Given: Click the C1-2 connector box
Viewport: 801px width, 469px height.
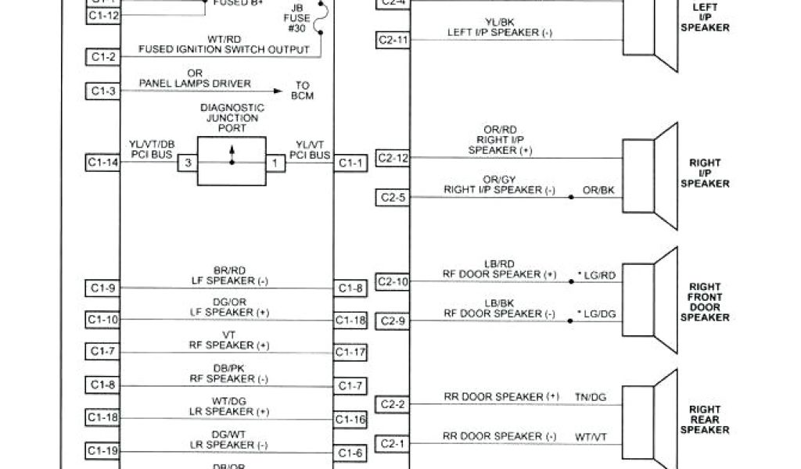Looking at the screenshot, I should coord(102,57).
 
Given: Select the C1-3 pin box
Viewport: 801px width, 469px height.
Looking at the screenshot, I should coord(102,91).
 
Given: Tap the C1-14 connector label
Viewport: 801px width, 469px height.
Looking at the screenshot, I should coord(102,163).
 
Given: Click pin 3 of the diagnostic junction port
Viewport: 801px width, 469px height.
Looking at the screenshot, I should coord(188,163).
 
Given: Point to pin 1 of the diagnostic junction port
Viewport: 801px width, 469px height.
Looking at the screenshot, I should coord(275,163).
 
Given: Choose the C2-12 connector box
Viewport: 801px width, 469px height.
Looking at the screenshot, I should coord(392,158).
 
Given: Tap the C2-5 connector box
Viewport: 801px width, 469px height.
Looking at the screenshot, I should coord(392,197).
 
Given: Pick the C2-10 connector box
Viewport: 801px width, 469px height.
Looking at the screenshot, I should coord(392,281).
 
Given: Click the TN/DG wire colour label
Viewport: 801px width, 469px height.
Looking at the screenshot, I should coord(591,397).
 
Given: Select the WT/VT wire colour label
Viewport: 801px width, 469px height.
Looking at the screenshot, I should coord(591,436).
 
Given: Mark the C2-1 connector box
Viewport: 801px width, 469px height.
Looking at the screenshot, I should coord(392,443).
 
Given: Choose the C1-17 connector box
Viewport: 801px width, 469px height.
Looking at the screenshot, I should coord(351,353).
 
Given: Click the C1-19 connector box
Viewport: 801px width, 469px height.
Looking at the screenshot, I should coord(102,450).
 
